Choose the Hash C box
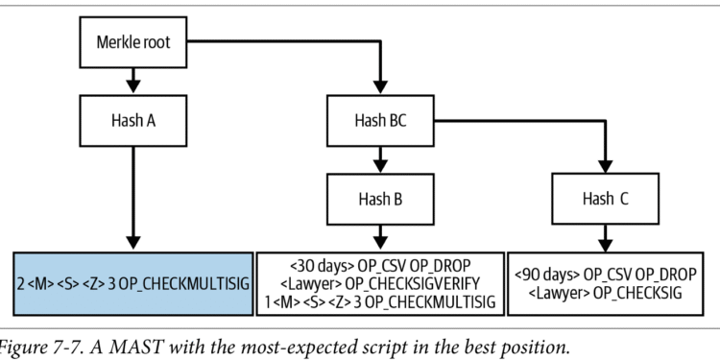606,199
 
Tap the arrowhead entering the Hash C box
606,164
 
